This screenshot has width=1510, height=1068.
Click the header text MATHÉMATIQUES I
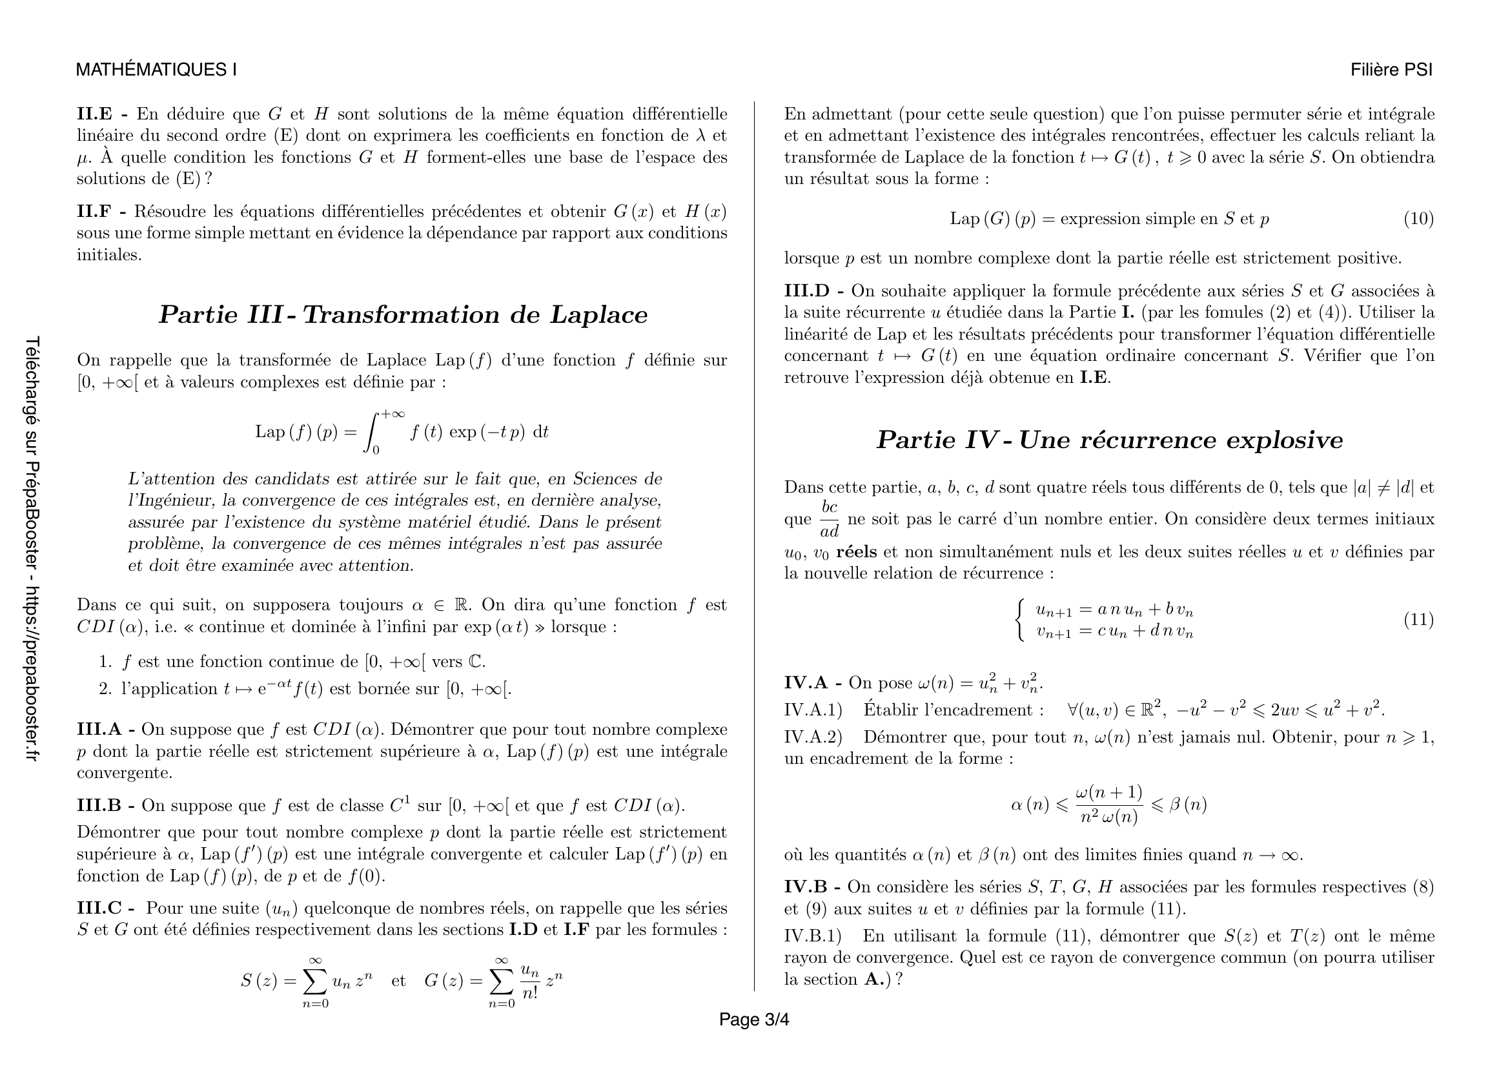pos(156,70)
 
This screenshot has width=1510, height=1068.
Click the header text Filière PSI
pos(1391,70)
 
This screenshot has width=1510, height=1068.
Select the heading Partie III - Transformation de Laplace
pos(402,315)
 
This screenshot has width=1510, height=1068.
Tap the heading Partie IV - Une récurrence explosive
pos(1109,440)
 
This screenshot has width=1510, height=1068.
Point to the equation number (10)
pos(1418,219)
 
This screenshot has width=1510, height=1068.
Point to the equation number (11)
pos(1418,619)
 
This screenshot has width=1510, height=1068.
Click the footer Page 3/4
pos(753,1020)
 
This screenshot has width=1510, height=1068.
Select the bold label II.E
pos(94,114)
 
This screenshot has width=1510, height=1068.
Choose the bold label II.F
pos(94,212)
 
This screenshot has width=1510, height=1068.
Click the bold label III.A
pos(99,729)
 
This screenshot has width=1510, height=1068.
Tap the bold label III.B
pos(99,806)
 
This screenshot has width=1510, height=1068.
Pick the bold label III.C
pos(99,909)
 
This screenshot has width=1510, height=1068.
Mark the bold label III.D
pos(807,291)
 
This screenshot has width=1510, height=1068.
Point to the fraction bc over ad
pos(830,520)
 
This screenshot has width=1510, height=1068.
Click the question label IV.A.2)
pos(813,737)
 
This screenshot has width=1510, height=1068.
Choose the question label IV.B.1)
pos(813,936)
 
